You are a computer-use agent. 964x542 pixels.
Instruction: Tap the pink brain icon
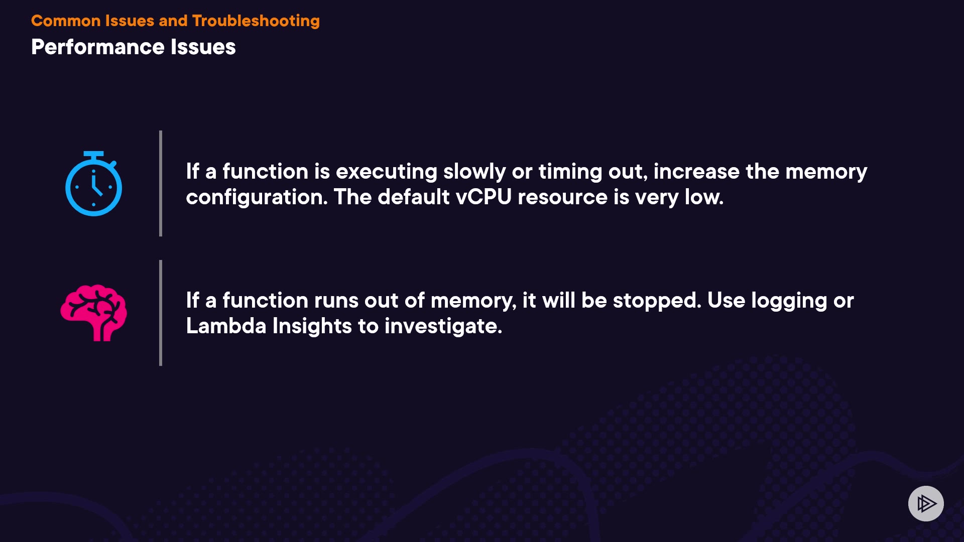(x=93, y=313)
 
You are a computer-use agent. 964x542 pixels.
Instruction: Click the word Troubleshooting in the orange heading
(x=256, y=21)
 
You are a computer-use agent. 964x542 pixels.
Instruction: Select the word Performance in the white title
(x=98, y=47)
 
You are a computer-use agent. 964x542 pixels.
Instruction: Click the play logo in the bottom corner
(x=926, y=503)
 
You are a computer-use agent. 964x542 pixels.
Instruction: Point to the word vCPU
(x=484, y=197)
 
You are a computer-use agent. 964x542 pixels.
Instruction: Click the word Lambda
(x=226, y=326)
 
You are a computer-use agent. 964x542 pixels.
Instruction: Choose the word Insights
(x=312, y=326)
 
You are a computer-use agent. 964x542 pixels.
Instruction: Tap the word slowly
(x=474, y=172)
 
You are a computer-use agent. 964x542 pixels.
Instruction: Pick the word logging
(x=789, y=301)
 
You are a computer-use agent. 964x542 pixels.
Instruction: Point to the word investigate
(x=443, y=326)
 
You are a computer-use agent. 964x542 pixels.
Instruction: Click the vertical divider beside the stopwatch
(x=161, y=183)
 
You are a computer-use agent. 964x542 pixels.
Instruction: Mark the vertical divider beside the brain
(x=161, y=313)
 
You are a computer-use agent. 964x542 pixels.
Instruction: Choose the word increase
(x=696, y=172)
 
